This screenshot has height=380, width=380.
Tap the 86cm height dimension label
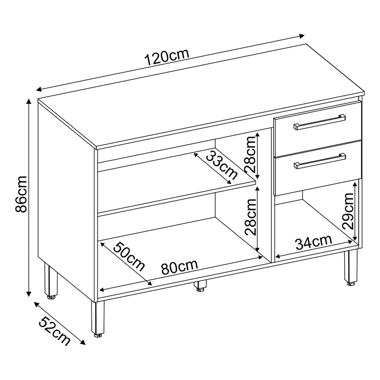click(x=21, y=194)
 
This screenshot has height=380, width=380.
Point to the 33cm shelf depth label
click(x=221, y=165)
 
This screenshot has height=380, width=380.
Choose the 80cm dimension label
click(x=180, y=267)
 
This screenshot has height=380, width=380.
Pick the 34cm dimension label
click(x=314, y=242)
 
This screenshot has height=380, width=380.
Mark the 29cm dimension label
click(x=348, y=211)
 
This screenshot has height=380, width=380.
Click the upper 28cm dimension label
click(x=250, y=154)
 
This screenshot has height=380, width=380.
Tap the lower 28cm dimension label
click(x=250, y=217)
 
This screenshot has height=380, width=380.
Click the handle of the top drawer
click(x=320, y=122)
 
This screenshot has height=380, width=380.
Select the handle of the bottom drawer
click(x=320, y=161)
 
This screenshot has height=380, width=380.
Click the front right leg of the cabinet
click(x=351, y=267)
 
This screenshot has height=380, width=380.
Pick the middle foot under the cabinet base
click(x=200, y=286)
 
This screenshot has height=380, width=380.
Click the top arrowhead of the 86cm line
click(x=29, y=101)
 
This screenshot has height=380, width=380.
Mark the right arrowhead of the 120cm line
click(x=301, y=36)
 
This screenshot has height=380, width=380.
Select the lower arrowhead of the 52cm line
click(x=83, y=342)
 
